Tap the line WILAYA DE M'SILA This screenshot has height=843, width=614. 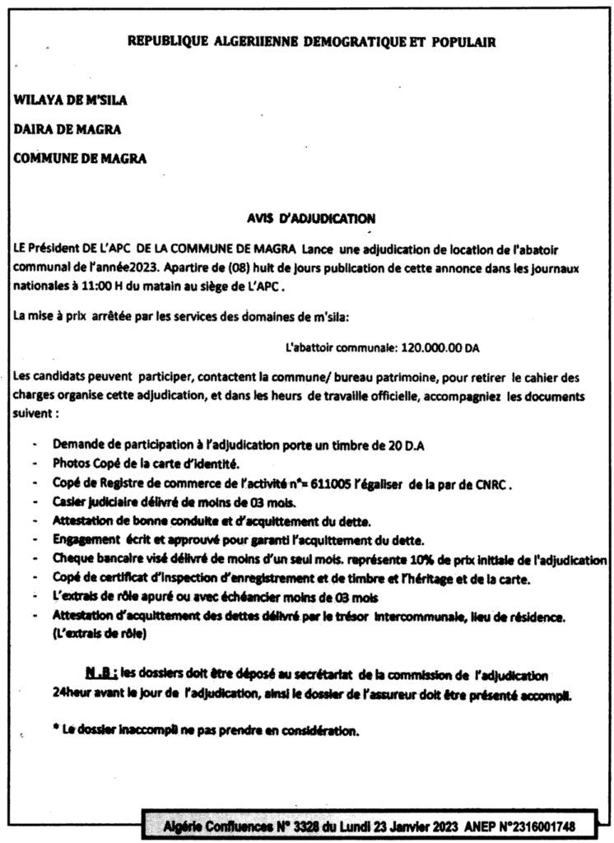(x=71, y=100)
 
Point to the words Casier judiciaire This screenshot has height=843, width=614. (x=99, y=502)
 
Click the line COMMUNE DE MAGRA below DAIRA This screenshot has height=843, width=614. (x=80, y=159)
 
